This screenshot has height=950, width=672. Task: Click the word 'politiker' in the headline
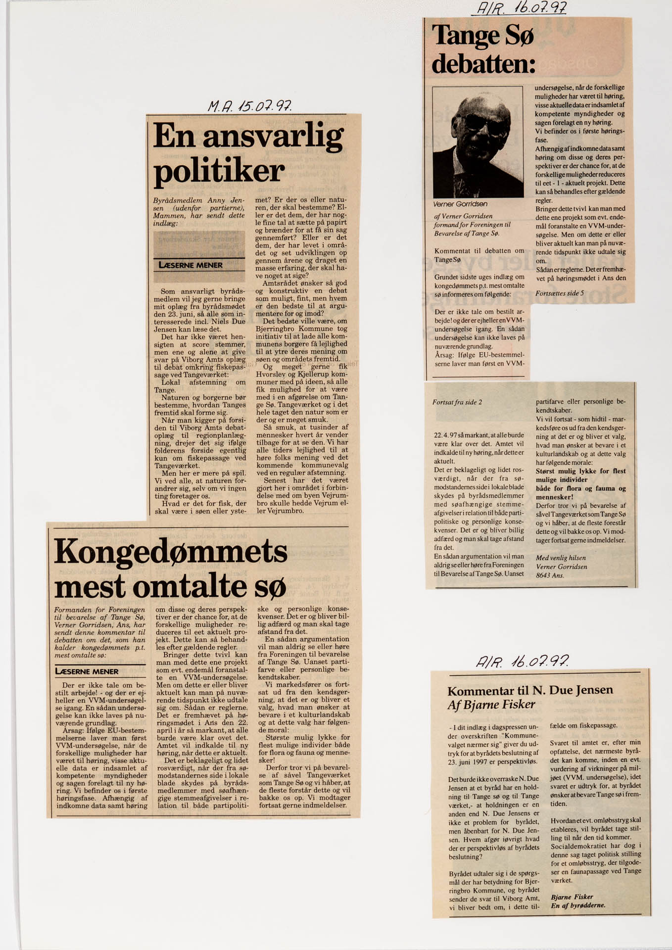(x=219, y=171)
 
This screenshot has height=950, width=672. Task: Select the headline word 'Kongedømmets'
(x=171, y=551)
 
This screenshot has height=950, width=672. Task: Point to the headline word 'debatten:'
(x=483, y=64)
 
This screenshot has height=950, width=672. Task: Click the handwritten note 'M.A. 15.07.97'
(x=249, y=105)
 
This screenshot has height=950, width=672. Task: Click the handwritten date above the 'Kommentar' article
(x=522, y=661)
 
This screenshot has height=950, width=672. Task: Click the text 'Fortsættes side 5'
(x=560, y=293)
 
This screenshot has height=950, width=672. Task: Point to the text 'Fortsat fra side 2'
(x=457, y=402)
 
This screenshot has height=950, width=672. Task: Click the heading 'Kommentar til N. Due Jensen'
(x=530, y=690)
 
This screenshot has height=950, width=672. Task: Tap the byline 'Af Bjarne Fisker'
(x=491, y=705)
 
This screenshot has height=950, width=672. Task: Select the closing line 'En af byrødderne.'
(x=577, y=905)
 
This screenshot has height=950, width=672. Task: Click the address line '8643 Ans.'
(x=550, y=575)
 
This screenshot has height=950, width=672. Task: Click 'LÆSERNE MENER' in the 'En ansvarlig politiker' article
(x=191, y=265)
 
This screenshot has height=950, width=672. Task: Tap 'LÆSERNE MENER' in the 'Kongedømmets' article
(x=87, y=671)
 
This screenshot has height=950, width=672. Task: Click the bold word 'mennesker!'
(x=554, y=497)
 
